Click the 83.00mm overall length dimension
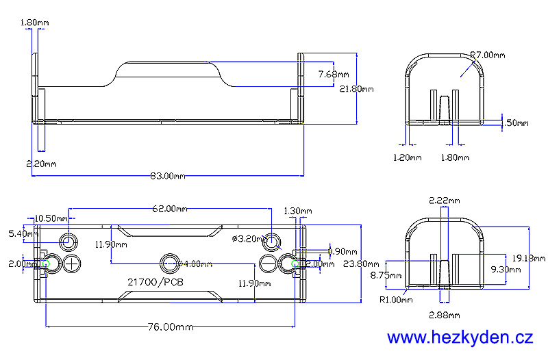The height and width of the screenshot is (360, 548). click(168, 176)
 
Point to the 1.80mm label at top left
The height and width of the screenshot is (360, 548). click(35, 23)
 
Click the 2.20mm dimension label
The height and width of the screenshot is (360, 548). click(41, 164)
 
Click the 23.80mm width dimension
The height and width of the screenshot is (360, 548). click(362, 263)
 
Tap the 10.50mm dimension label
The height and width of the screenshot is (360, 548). click(51, 218)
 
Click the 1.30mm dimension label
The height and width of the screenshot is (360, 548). click(297, 211)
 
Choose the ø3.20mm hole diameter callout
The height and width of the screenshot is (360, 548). click(248, 239)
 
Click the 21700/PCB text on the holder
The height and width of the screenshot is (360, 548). click(155, 281)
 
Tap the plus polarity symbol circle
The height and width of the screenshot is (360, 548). click(73, 263)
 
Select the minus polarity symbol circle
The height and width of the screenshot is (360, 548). click(269, 263)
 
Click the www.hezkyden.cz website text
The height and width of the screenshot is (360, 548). click(460, 337)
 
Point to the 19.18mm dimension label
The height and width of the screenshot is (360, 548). click(529, 258)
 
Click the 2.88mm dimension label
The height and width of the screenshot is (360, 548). click(444, 315)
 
